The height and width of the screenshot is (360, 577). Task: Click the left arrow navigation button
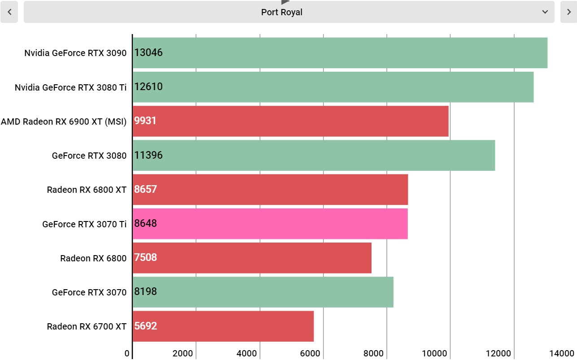click(x=9, y=12)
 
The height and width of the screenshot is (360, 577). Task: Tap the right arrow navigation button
click(x=568, y=12)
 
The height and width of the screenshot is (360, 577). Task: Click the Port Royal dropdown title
click(x=281, y=12)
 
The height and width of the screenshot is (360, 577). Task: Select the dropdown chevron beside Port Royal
click(x=545, y=12)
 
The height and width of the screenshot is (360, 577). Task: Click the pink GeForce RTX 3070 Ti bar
click(x=270, y=224)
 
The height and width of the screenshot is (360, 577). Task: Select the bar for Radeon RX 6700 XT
click(x=223, y=326)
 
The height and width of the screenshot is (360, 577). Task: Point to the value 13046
click(x=149, y=52)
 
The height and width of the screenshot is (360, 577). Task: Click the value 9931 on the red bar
click(x=145, y=121)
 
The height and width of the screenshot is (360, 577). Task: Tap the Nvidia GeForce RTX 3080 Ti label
click(x=70, y=87)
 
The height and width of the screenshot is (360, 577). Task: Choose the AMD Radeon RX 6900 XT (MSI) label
click(x=64, y=121)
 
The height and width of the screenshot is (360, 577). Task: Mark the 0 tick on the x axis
click(x=127, y=353)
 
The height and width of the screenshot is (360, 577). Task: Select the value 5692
click(x=145, y=326)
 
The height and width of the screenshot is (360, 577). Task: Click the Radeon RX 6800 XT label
click(x=87, y=190)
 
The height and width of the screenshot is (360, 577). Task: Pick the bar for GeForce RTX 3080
click(x=314, y=156)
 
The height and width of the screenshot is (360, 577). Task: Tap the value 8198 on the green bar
click(x=145, y=291)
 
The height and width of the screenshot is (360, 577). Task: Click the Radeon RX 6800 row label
click(x=93, y=258)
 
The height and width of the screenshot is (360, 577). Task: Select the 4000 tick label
click(x=246, y=353)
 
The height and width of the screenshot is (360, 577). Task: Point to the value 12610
click(x=149, y=87)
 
